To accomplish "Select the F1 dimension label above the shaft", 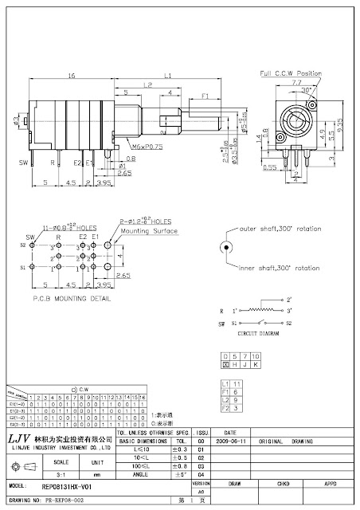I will coord(205,96).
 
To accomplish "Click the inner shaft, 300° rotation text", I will coord(276,268).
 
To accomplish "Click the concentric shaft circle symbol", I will coord(226,248).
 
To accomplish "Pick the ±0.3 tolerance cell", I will coord(180,450).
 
